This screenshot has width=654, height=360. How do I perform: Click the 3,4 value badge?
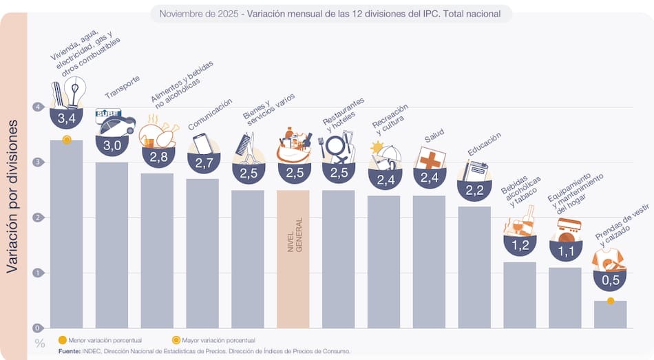[x=66, y=119]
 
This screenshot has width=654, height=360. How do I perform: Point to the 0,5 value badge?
[x=610, y=280]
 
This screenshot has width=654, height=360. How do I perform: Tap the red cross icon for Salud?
[x=430, y=159]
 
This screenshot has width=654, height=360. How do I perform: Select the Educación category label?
[x=484, y=145]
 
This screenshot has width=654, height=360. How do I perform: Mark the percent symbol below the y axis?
[x=39, y=343]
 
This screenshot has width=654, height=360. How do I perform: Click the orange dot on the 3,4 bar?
[x=66, y=140]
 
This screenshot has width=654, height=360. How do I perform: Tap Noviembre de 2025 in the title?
[x=198, y=13]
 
